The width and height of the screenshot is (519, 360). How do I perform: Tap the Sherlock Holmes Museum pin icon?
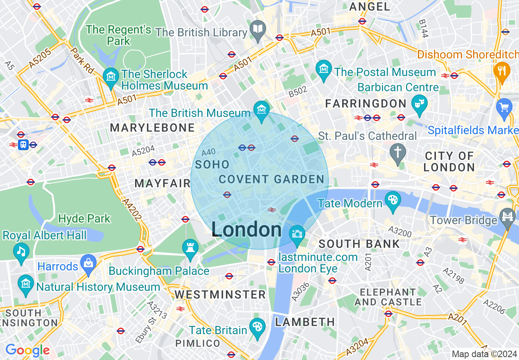111,76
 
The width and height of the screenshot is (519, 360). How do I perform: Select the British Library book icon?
258,29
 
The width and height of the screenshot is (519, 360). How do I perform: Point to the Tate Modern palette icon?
393,200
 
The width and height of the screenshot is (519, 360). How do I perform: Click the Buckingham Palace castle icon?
190,248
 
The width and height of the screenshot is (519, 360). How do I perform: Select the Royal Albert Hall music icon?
21,251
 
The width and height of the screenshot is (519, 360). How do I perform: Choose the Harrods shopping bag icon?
88,262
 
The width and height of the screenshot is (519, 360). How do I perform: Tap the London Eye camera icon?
296,234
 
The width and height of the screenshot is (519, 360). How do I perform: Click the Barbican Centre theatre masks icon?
420,102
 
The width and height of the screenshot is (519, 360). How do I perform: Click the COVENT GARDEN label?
272,179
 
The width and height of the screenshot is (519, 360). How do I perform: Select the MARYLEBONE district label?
152,128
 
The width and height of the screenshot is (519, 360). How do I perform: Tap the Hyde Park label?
84,218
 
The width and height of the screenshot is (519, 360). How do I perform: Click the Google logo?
27,350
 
